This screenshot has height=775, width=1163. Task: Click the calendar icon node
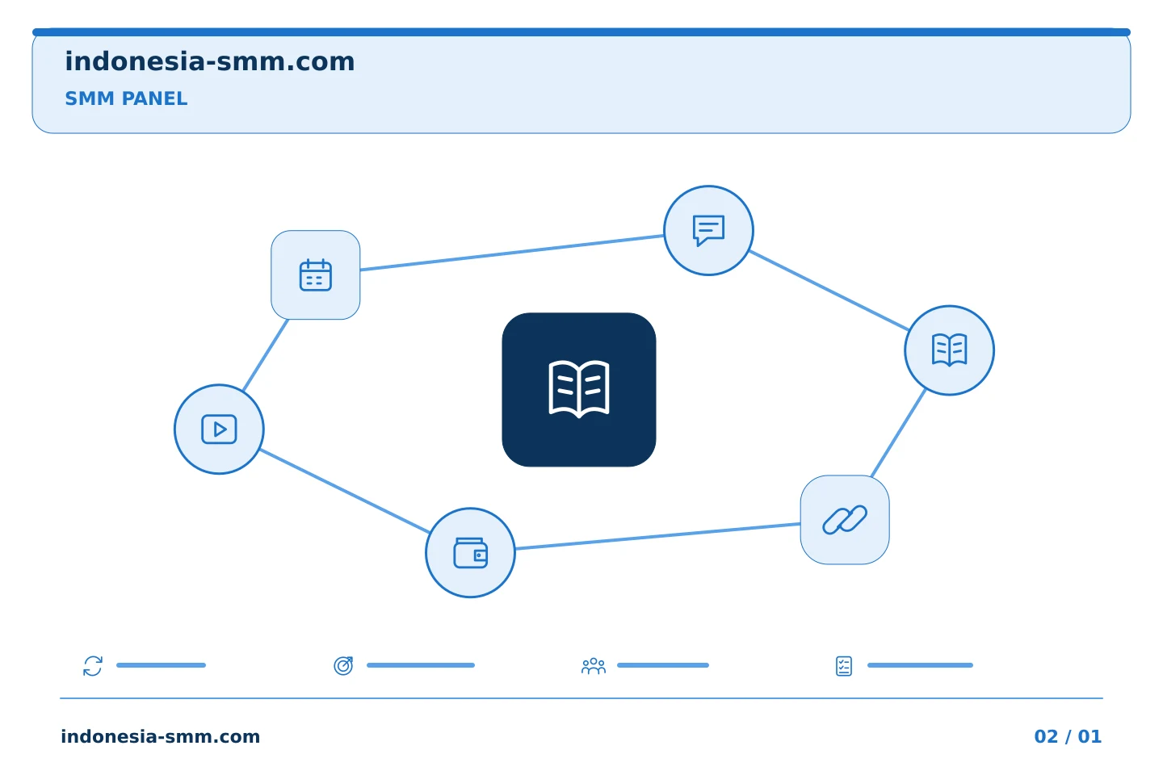(316, 275)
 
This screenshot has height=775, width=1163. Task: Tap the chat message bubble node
(709, 230)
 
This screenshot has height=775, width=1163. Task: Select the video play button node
(219, 429)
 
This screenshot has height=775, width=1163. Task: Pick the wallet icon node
(470, 553)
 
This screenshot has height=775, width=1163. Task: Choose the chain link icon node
(845, 520)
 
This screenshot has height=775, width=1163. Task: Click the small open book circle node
(950, 350)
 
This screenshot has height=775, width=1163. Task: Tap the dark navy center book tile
(579, 390)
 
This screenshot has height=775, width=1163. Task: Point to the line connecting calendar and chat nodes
(512, 253)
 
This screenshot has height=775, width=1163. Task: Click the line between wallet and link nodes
(657, 536)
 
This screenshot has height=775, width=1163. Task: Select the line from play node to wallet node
(346, 491)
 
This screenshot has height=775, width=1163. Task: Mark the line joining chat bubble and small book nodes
(829, 290)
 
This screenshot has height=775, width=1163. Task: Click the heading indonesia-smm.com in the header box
(210, 62)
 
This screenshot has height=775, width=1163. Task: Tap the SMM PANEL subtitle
(126, 98)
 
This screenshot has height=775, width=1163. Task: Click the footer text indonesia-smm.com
(161, 736)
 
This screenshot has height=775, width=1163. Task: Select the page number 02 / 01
(1068, 736)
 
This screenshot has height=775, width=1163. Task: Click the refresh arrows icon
(93, 666)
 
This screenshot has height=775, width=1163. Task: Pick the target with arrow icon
(343, 666)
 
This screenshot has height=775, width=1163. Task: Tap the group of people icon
(594, 666)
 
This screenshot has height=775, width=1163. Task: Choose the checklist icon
(844, 666)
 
